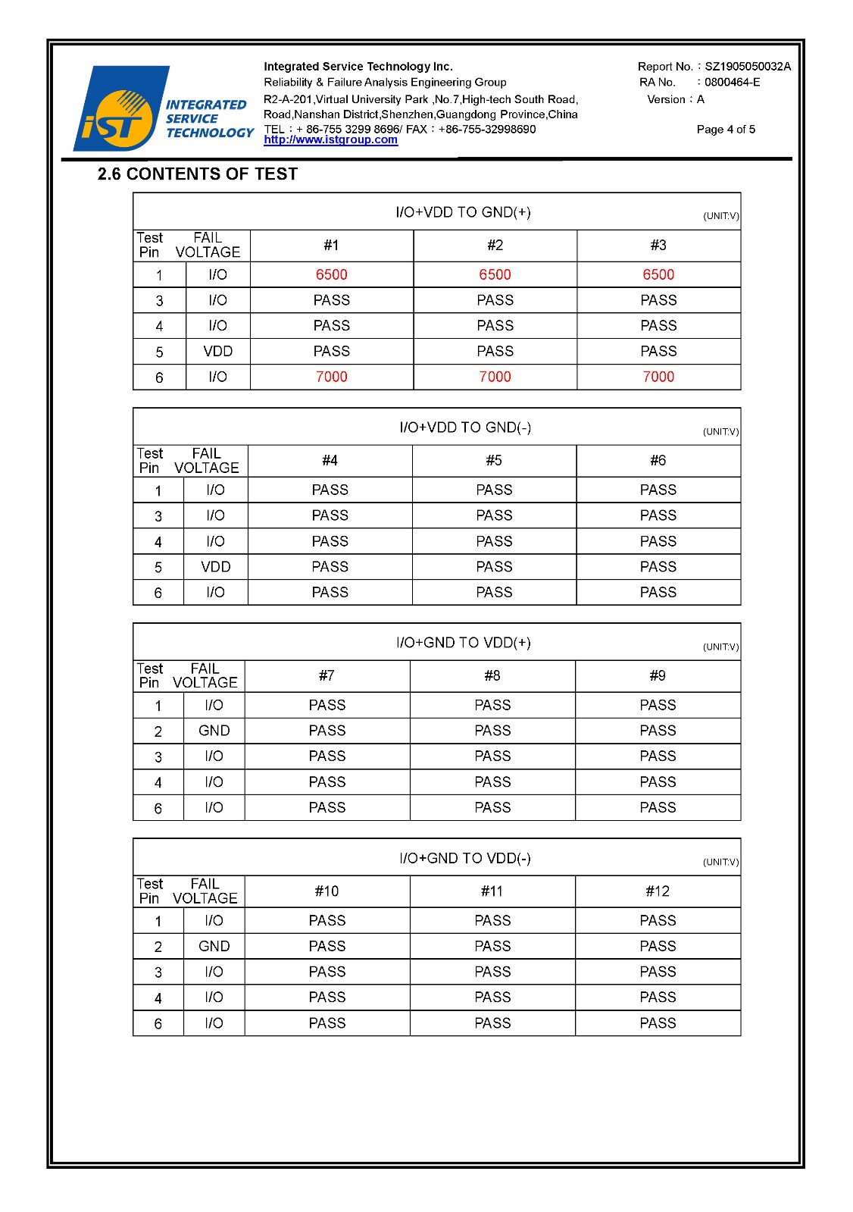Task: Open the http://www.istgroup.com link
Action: click(x=330, y=140)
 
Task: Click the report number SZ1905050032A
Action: click(x=747, y=67)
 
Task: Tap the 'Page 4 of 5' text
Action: click(x=726, y=130)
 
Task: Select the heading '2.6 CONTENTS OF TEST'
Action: click(x=197, y=174)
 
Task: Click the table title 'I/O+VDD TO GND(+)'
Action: click(x=463, y=212)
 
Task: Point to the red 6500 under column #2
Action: click(x=495, y=274)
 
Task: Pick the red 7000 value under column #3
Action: click(x=658, y=377)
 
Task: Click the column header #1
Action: click(x=331, y=246)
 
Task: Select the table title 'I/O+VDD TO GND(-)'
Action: click(x=465, y=427)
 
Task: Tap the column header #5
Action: click(x=494, y=461)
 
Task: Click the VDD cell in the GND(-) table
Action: click(x=216, y=567)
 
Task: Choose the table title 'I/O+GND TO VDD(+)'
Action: click(x=463, y=643)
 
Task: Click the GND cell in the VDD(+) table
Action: click(x=214, y=731)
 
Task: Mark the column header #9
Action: click(x=658, y=676)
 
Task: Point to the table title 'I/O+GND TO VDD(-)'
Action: click(x=465, y=858)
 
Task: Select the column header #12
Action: click(x=658, y=891)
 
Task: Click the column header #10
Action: click(x=327, y=891)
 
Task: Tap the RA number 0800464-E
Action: click(x=732, y=83)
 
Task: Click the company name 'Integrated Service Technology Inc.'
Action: click(x=358, y=67)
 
